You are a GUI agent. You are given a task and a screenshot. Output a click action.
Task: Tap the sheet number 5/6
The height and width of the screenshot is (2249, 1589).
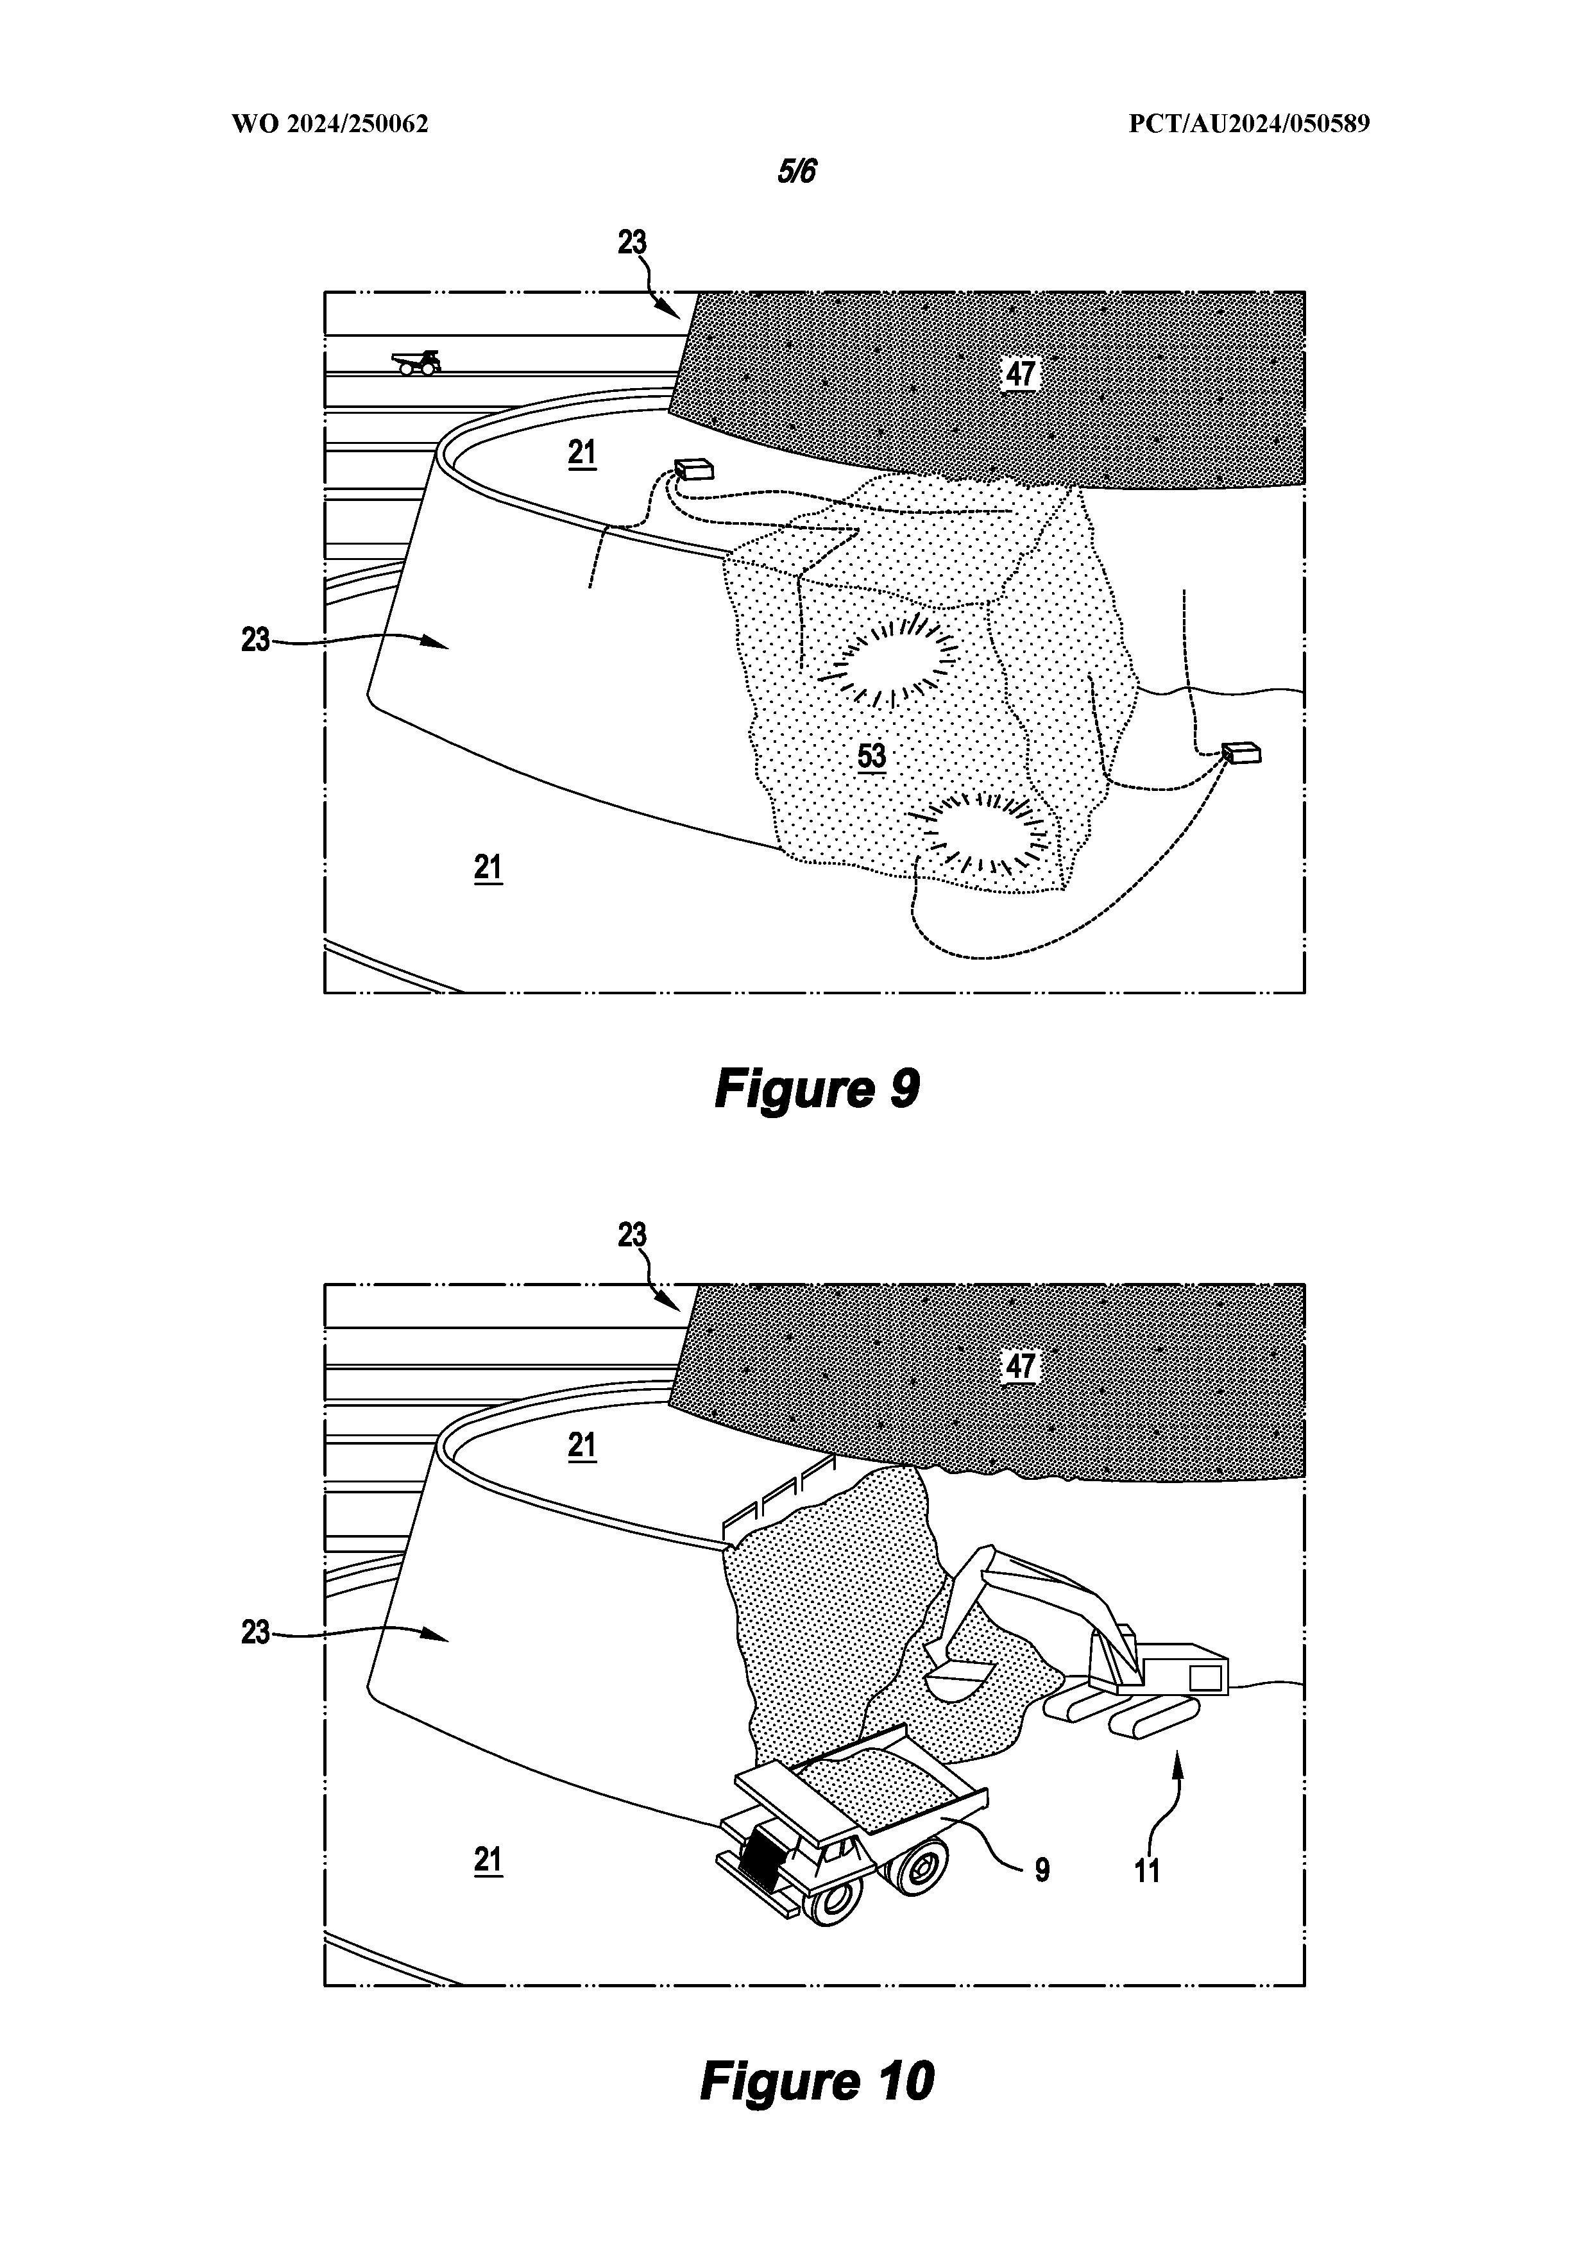797,171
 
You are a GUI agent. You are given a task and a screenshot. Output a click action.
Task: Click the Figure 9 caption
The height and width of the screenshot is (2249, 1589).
817,1087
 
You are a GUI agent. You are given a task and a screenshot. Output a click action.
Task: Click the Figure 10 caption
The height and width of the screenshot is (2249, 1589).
817,2080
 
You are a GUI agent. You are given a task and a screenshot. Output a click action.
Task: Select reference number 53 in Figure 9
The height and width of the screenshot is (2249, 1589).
871,756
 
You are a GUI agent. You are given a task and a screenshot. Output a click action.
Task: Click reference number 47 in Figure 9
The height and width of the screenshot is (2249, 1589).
1020,373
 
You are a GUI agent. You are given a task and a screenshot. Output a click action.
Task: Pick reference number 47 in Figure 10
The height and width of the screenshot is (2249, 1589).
1020,1366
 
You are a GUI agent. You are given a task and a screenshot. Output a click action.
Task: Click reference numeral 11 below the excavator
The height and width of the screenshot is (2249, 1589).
1147,1871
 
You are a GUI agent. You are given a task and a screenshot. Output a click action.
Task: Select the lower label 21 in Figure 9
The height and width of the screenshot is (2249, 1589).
488,868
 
